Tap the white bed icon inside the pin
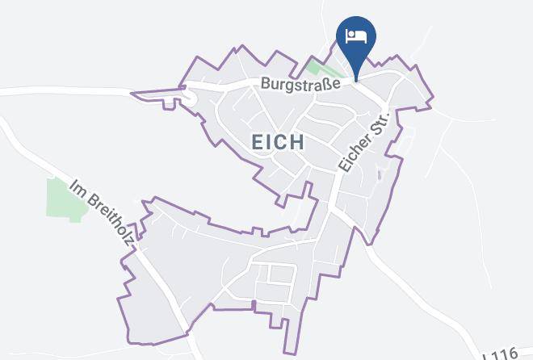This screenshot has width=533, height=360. pyautogui.click(x=356, y=36)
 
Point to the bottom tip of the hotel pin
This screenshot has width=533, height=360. pyautogui.click(x=356, y=80)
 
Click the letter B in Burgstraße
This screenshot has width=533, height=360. pyautogui.click(x=264, y=84)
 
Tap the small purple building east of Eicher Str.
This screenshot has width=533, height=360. pyautogui.click(x=380, y=171)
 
